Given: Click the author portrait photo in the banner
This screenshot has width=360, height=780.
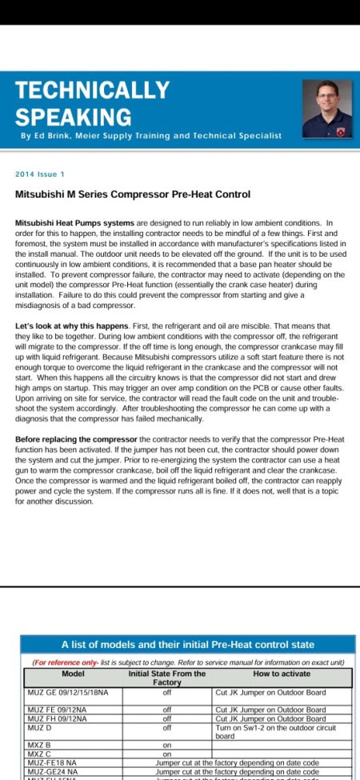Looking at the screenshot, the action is [326, 109].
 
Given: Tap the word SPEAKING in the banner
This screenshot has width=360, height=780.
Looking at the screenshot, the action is [74, 117].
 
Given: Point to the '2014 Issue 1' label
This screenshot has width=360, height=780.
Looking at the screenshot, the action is [40, 174].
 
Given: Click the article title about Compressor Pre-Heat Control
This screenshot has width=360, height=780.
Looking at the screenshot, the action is [133, 194].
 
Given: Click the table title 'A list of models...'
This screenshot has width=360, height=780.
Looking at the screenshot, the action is [188, 644].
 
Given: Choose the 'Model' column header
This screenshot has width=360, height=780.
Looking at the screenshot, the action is [74, 674].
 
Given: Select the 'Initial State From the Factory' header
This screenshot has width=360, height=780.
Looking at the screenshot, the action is [167, 678].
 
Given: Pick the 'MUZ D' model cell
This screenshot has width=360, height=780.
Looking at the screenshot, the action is [40, 727].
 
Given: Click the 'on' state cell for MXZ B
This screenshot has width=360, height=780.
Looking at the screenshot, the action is [167, 745].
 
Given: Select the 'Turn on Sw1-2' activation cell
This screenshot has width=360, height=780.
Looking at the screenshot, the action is [282, 731].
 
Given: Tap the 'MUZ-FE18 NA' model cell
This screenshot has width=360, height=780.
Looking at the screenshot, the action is [54, 763].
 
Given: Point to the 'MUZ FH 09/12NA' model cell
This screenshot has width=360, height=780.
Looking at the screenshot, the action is [61, 718].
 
